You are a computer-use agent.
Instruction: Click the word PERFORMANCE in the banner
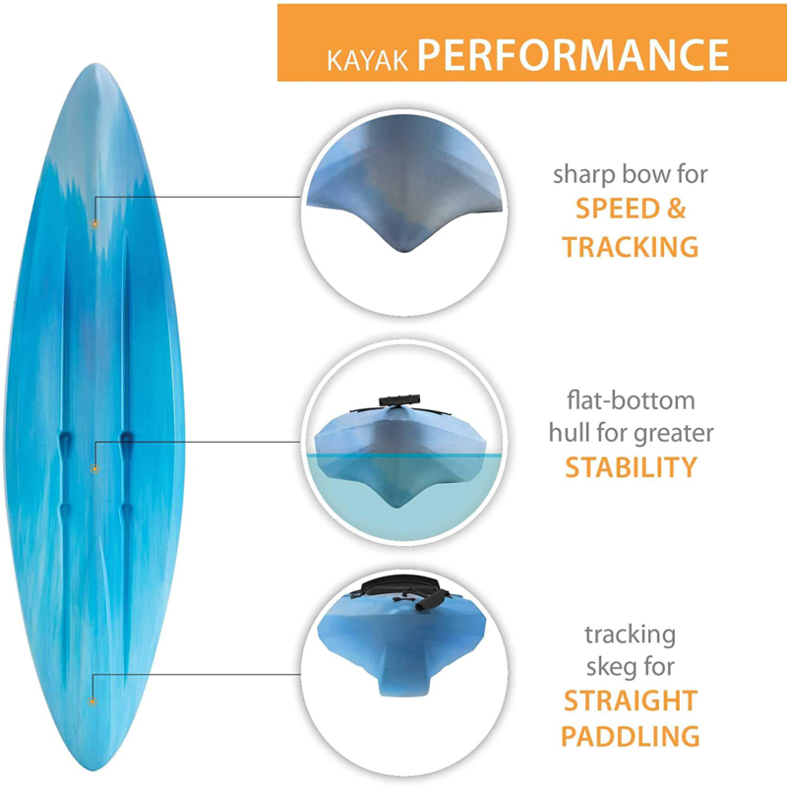pyautogui.click(x=574, y=55)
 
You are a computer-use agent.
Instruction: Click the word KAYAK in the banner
pyautogui.click(x=367, y=60)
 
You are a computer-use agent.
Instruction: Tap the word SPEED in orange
pyautogui.click(x=618, y=209)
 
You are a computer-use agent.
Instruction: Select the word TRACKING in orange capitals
pyautogui.click(x=631, y=247)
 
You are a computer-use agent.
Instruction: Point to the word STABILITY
pyautogui.click(x=631, y=467)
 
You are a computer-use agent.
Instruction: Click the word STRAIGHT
pyautogui.click(x=631, y=700)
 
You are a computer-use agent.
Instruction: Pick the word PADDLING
pyautogui.click(x=631, y=736)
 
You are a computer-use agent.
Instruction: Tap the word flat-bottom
pyautogui.click(x=631, y=400)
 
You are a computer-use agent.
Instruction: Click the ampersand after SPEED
pyautogui.click(x=677, y=209)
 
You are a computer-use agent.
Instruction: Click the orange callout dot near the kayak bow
pyautogui.click(x=94, y=223)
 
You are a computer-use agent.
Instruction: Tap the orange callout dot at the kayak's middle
pyautogui.click(x=94, y=469)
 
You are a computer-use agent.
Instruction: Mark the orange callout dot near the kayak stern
pyautogui.click(x=92, y=701)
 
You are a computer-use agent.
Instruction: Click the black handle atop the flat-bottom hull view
pyautogui.click(x=399, y=400)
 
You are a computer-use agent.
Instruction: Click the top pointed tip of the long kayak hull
pyautogui.click(x=95, y=65)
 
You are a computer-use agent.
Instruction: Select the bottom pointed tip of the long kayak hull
pyautogui.click(x=95, y=768)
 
